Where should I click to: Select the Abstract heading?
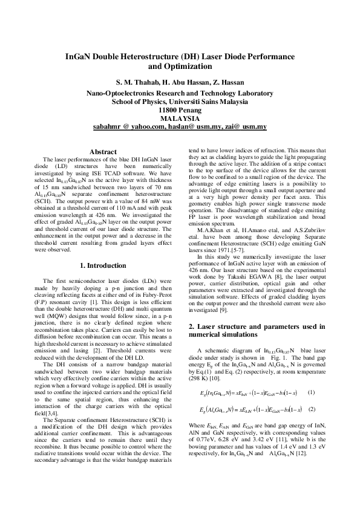pos(102,151)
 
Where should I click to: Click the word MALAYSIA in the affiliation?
pos(180,118)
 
